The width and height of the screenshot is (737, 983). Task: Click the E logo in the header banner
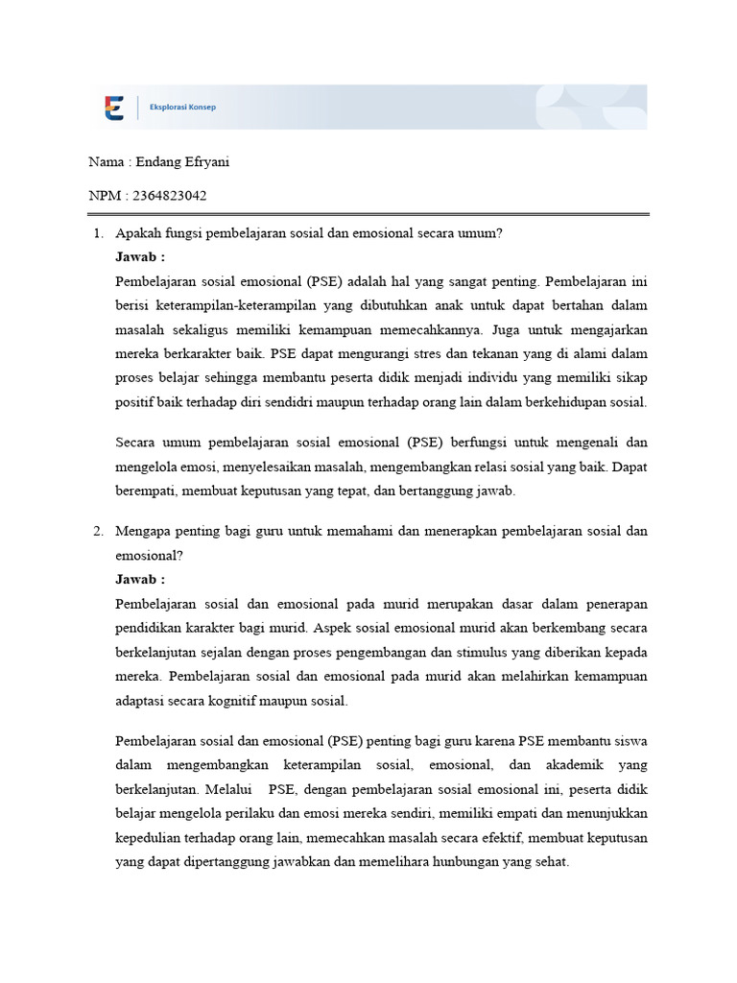click(114, 108)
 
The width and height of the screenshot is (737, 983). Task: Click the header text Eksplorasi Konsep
click(182, 108)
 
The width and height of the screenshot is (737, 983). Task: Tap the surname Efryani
click(208, 161)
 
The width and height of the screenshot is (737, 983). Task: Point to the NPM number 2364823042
click(170, 196)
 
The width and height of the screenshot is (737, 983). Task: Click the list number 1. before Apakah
click(98, 233)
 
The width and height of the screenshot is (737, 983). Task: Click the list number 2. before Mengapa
click(98, 531)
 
